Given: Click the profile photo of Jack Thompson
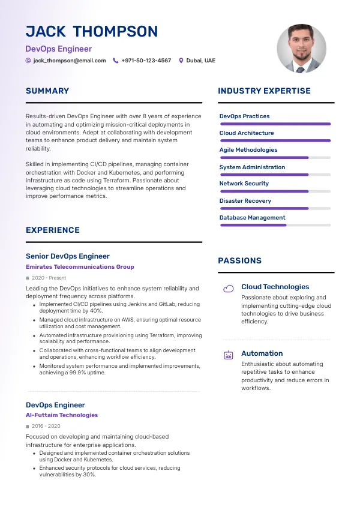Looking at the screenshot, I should click(301, 49).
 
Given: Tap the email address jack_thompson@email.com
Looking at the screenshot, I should click(70, 61).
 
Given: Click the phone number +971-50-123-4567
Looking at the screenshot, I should click(146, 61).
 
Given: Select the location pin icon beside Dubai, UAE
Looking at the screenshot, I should click(181, 61).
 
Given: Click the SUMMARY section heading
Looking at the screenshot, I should click(47, 91).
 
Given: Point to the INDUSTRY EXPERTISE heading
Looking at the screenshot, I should click(264, 91).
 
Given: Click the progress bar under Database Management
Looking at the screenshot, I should click(275, 225).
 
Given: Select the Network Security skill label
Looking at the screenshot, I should click(244, 184).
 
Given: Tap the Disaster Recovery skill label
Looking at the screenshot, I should click(245, 201).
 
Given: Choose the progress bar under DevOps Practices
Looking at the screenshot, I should click(275, 124).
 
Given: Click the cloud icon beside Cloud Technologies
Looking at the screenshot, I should click(229, 289).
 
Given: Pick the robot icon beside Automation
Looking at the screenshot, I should click(229, 355).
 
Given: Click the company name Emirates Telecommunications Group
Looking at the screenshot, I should click(80, 266).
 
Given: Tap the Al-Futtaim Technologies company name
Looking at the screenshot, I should click(62, 415).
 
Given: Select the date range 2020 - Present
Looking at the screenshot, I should click(49, 278).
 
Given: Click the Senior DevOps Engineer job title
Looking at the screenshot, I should click(68, 256).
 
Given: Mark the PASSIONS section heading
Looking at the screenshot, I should click(239, 261).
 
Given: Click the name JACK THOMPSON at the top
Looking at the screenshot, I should click(92, 32).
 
